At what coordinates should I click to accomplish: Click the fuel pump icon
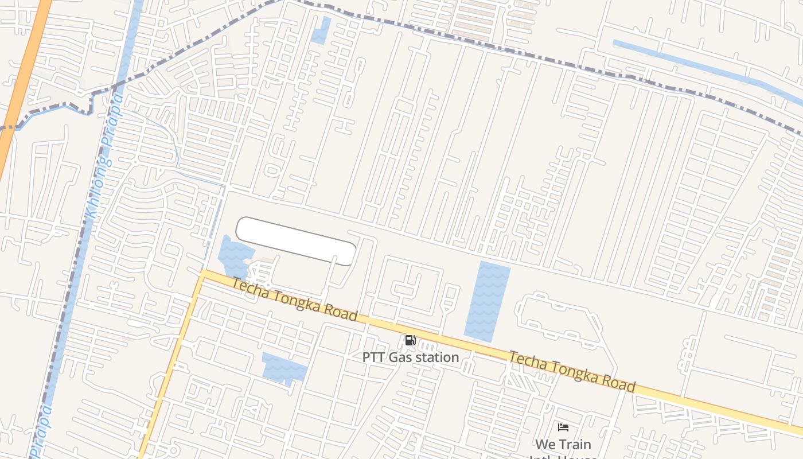click(410, 340)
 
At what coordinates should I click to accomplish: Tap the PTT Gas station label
click(411, 357)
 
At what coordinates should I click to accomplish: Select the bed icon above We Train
click(563, 427)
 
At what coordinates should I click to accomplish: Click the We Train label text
click(563, 444)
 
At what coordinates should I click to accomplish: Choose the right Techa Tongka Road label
click(572, 372)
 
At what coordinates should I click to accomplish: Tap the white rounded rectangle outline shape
click(296, 241)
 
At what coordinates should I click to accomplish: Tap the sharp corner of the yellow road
click(202, 275)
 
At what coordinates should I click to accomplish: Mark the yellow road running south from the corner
click(172, 367)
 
